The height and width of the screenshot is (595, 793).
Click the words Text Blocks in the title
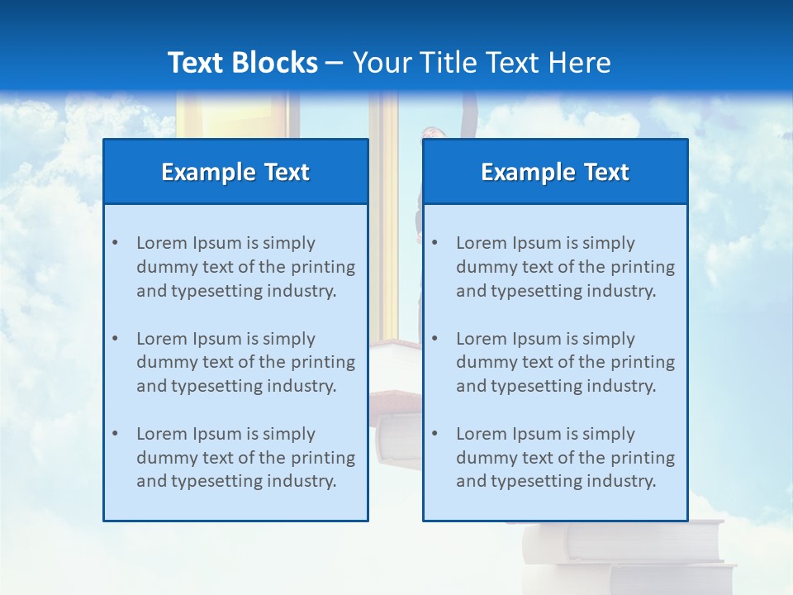coord(242,63)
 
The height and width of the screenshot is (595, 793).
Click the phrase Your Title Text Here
coord(482,63)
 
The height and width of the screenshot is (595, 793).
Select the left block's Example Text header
coord(235,172)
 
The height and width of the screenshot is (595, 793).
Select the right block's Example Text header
coord(555,172)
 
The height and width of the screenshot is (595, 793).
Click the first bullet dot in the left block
coord(115,243)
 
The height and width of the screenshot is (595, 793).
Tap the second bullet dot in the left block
coord(115,339)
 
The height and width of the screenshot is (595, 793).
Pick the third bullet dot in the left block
coord(115,434)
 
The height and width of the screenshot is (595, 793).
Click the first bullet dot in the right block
coord(434,243)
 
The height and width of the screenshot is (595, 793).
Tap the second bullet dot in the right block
coord(434,339)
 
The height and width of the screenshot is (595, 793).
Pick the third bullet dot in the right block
coord(434,434)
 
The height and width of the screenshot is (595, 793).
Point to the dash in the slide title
coord(335,63)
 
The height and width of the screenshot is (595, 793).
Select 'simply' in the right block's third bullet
coord(609,434)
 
